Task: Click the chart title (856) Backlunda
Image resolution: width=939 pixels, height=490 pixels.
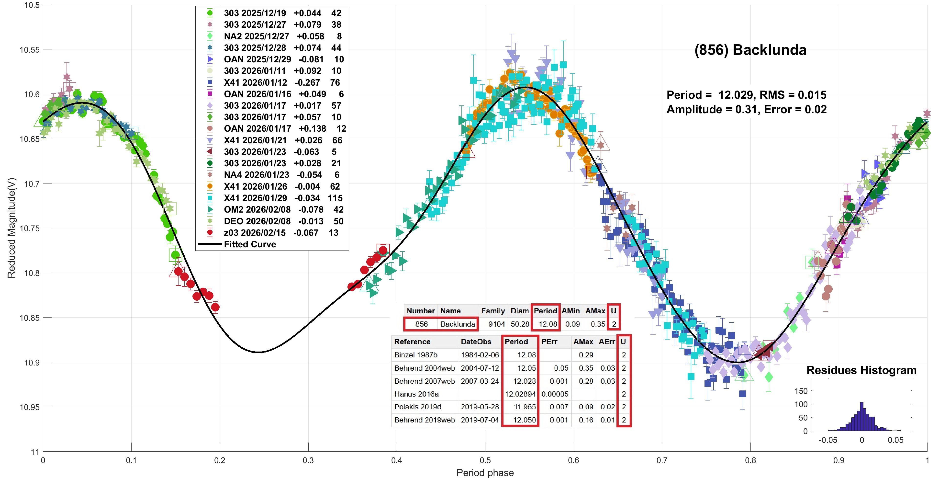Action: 750,50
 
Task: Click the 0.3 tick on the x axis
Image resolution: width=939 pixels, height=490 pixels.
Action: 308,460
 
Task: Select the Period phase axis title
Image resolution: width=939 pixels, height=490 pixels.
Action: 485,473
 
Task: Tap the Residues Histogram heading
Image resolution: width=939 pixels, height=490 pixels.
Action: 861,370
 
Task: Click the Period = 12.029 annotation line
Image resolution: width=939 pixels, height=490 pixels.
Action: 746,95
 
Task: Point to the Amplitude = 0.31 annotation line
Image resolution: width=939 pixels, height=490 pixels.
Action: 746,109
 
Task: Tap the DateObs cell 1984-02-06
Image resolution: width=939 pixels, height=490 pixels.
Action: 479,355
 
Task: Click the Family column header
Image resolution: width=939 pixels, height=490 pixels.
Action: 493,311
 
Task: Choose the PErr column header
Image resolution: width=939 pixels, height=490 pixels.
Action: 549,342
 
